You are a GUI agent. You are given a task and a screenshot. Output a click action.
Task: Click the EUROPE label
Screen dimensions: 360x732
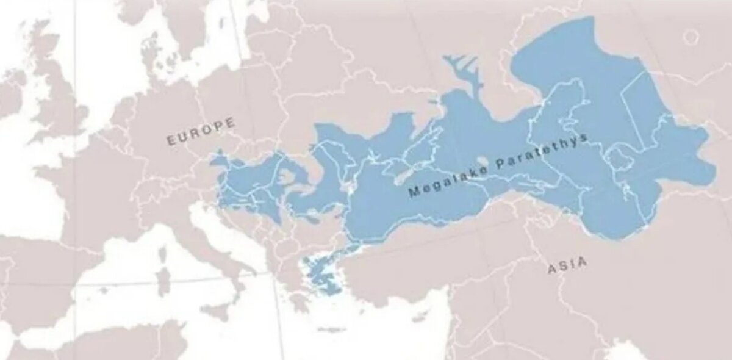coord(201,132)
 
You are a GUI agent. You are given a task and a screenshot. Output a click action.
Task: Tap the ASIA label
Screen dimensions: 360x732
coord(567,264)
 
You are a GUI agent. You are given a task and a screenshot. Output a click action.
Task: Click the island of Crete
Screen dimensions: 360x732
coord(329,329)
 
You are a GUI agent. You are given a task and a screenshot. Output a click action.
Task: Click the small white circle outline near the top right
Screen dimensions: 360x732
coord(691,37)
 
